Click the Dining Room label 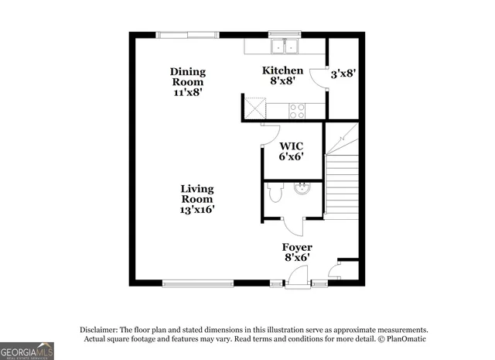(x=188, y=81)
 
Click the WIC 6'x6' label (x=291, y=150)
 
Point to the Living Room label (x=197, y=198)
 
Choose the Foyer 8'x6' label (x=296, y=252)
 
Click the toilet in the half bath (x=274, y=194)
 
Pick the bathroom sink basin (x=302, y=188)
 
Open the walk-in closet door (x=270, y=134)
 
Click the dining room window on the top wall (x=186, y=34)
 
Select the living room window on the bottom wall (x=197, y=283)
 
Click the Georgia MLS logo (x=27, y=351)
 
